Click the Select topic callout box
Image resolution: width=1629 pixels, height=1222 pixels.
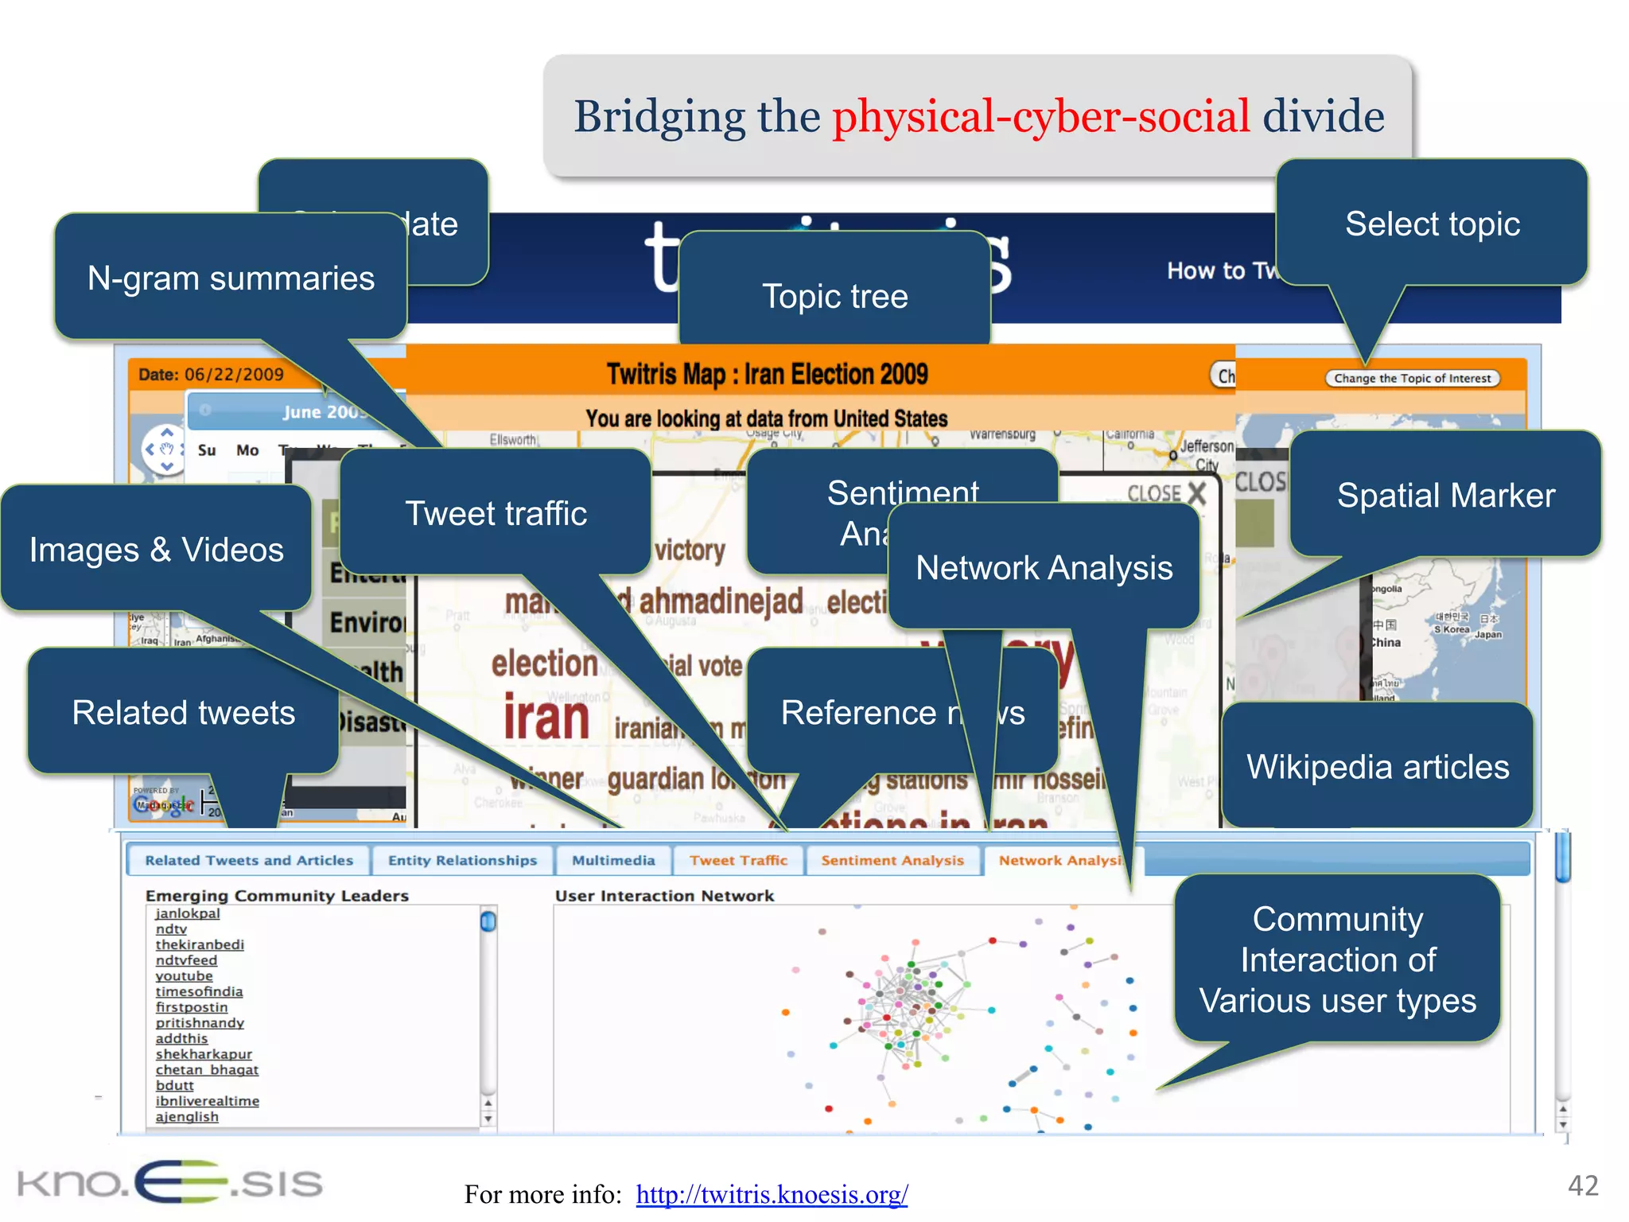(x=1432, y=224)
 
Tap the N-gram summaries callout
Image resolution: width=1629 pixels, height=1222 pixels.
(x=231, y=278)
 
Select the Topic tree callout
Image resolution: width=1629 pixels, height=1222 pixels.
(x=834, y=296)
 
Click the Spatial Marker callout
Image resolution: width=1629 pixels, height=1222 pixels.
(x=1445, y=495)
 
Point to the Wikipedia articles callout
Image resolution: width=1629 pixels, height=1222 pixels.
(x=1377, y=766)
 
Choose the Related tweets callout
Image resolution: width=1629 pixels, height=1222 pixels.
(x=183, y=712)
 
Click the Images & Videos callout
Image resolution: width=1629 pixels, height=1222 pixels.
(x=156, y=549)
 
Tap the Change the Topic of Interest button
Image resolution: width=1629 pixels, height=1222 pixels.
(x=1412, y=379)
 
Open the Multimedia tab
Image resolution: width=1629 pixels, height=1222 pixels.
(x=613, y=860)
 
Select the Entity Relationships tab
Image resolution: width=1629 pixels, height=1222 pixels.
(x=462, y=860)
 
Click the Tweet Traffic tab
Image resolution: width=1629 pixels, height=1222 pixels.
(x=738, y=860)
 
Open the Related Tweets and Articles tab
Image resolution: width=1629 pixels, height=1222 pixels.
(x=249, y=860)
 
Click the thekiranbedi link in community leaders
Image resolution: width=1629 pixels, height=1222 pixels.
(x=200, y=944)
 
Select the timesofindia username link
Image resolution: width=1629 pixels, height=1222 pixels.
(x=199, y=991)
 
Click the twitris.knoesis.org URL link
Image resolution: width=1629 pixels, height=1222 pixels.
(x=772, y=1194)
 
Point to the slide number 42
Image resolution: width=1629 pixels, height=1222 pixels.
(x=1582, y=1185)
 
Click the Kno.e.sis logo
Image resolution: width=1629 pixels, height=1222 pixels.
(x=169, y=1181)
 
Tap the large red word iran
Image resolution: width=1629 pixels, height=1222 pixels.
(x=546, y=718)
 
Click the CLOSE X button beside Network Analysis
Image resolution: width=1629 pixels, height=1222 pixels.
(x=1167, y=493)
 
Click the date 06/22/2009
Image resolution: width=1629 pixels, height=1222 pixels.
(x=234, y=375)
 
